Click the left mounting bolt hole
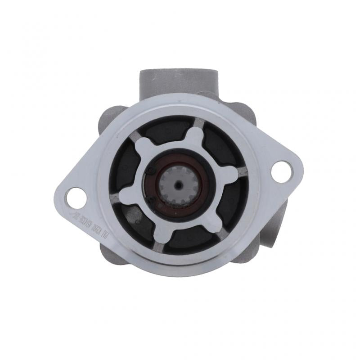click(73, 197)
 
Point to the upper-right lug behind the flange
click(245, 112)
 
